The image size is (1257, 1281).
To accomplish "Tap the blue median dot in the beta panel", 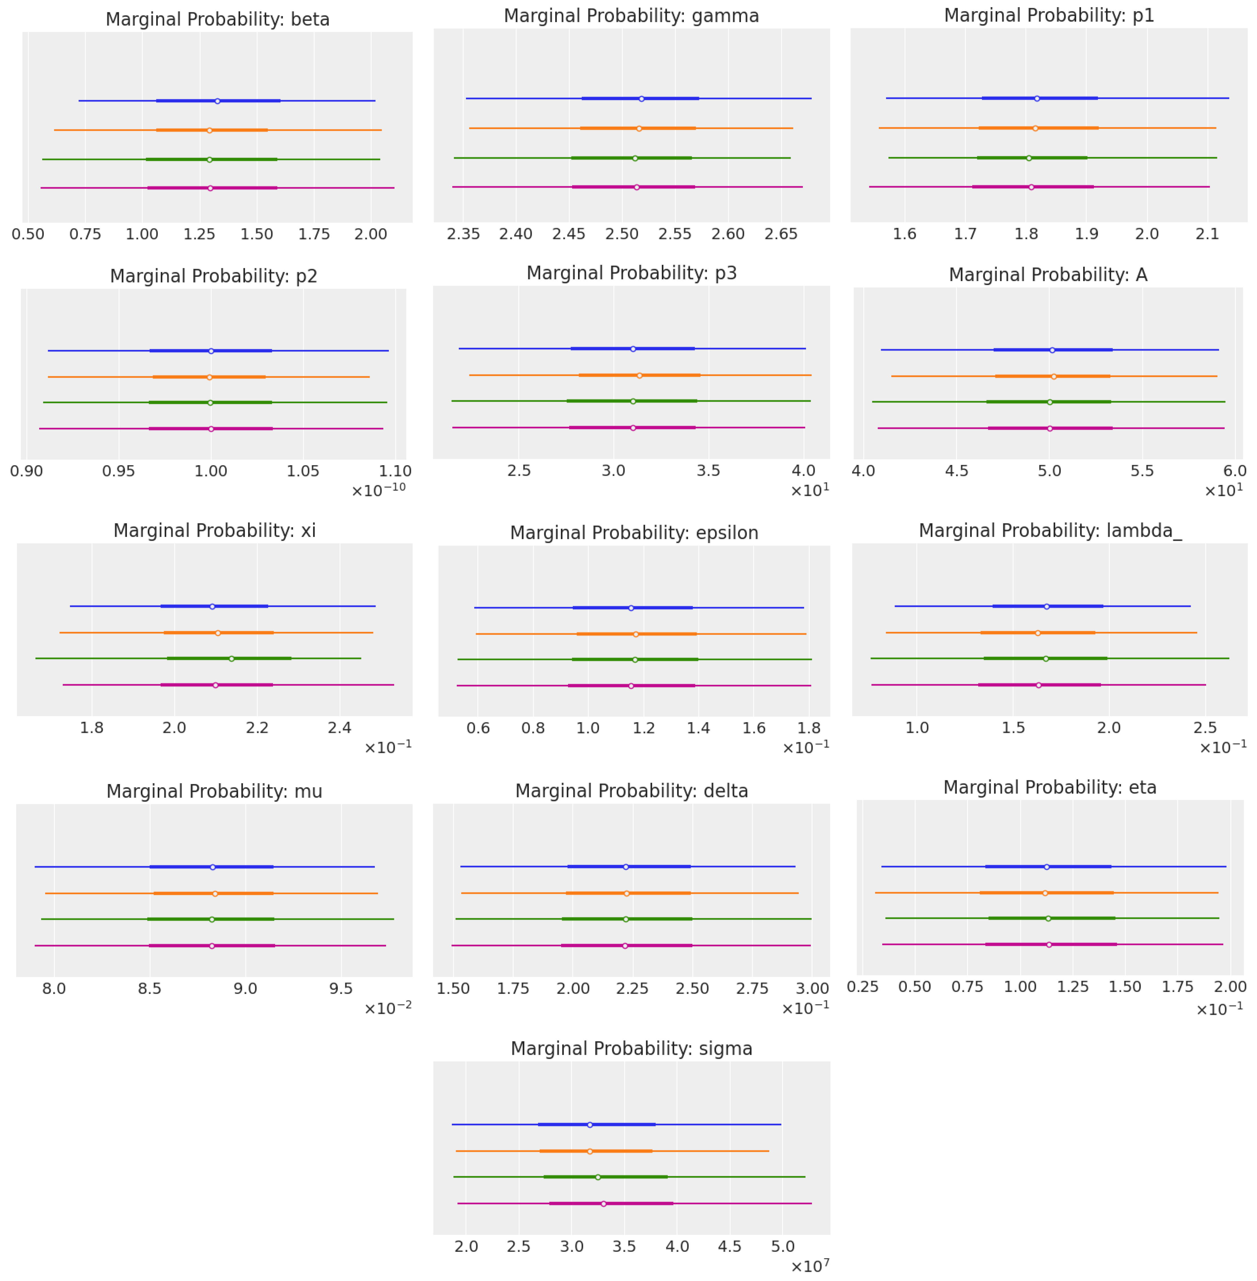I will (217, 101).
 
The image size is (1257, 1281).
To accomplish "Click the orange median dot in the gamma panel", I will (638, 128).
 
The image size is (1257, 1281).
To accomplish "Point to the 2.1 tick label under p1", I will (1208, 234).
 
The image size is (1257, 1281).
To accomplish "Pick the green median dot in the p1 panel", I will (1029, 158).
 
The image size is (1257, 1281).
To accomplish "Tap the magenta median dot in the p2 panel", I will (211, 429).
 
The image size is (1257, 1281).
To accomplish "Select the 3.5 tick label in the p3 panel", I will (708, 471).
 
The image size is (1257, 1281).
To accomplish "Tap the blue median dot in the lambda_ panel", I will (1046, 606).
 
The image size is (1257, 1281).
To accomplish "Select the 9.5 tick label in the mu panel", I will (341, 988).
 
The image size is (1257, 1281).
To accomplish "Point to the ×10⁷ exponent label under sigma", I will (809, 1266).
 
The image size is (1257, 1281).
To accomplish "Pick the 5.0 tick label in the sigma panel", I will (782, 1246).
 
